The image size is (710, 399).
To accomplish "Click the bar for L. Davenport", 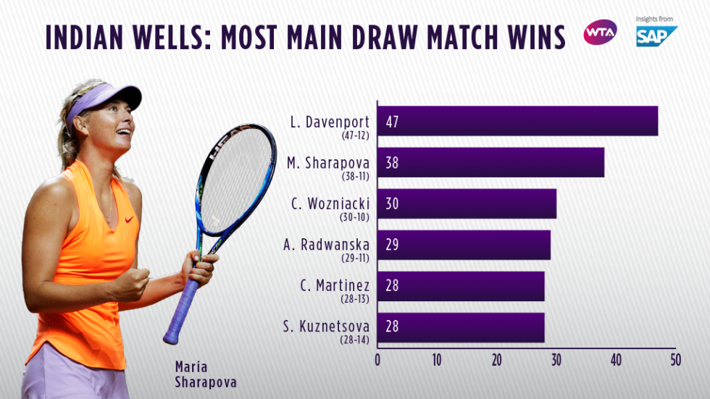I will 517,121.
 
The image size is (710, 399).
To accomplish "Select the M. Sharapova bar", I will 490,162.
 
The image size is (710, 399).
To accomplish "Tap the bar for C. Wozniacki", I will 467,203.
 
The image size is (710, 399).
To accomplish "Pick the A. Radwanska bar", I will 464,245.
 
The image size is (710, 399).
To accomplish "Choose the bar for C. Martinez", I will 461,286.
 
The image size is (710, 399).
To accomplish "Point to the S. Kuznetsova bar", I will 461,327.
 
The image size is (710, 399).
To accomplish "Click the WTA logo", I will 600,33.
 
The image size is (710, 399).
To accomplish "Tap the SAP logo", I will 655,35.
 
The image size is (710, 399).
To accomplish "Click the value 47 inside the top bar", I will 392,121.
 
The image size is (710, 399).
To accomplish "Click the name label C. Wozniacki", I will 330,203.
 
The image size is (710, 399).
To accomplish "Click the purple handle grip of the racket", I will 182,308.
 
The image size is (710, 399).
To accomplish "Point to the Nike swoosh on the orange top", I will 129,219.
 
